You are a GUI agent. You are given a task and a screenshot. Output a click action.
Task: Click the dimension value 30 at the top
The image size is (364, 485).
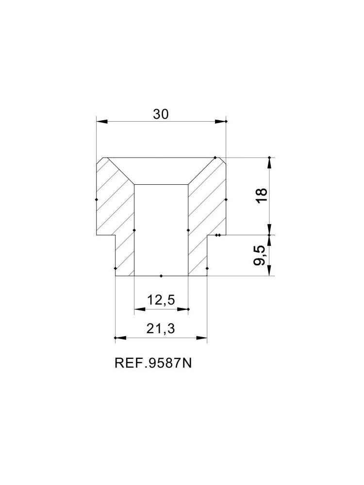pos(161,114)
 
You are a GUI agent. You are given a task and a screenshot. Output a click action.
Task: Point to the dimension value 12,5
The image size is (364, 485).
pos(161,301)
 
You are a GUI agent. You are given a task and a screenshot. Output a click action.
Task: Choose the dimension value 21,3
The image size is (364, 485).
pos(161,330)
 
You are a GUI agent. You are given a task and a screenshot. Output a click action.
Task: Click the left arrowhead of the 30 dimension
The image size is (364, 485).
pos(99,121)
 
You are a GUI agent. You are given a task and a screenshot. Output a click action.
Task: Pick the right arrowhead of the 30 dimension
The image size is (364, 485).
pos(223,121)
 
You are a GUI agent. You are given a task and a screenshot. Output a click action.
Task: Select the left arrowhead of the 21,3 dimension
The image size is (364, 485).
pos(118,338)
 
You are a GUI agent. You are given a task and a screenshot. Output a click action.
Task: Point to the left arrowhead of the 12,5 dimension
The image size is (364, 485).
pos(137,309)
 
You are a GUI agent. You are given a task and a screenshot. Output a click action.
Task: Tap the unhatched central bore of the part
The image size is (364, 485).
pos(161,228)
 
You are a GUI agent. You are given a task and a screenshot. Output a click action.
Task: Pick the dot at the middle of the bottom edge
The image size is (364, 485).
pos(161,276)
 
